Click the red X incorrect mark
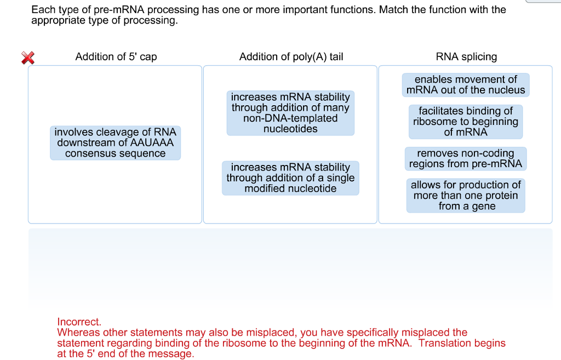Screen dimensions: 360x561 (x=27, y=58)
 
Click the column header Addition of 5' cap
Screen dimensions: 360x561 (x=116, y=56)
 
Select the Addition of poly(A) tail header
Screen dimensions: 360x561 (x=291, y=56)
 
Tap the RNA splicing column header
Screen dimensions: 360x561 (x=466, y=56)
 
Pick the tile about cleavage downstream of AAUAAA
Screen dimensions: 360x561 (x=115, y=143)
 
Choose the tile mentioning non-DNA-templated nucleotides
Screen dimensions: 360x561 (x=290, y=113)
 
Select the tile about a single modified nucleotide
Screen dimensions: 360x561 (x=290, y=178)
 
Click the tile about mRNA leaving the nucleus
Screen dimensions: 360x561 (x=466, y=85)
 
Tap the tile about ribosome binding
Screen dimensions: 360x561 (x=466, y=122)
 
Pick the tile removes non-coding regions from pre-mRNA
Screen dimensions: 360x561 (x=466, y=158)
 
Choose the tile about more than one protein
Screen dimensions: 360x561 (x=466, y=196)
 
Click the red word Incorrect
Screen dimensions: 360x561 (x=79, y=322)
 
